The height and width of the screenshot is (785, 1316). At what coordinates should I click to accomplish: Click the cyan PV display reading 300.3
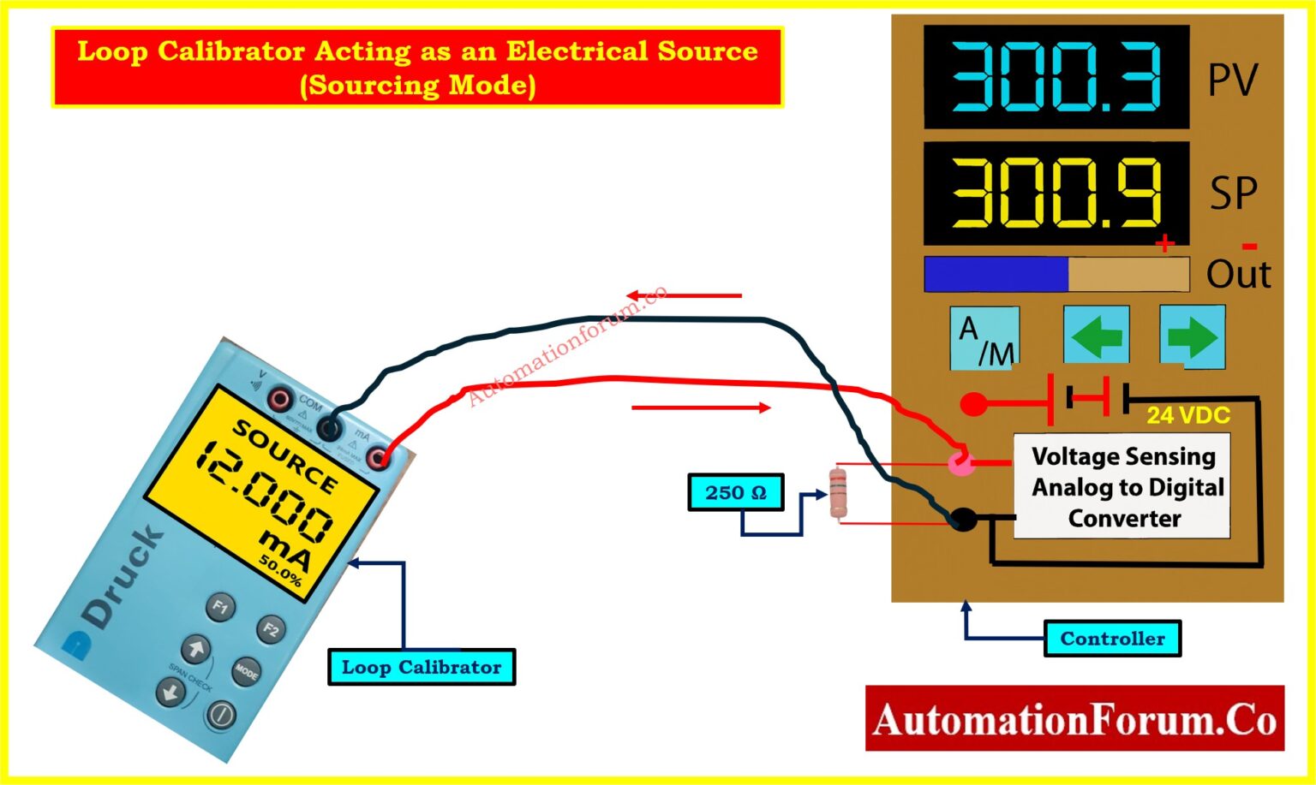click(1056, 77)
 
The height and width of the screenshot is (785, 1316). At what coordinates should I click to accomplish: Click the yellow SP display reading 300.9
click(1056, 193)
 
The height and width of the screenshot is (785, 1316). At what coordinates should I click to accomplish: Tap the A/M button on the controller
click(984, 338)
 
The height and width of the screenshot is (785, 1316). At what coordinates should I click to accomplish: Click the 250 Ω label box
click(736, 493)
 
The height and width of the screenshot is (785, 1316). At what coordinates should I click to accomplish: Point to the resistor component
click(839, 493)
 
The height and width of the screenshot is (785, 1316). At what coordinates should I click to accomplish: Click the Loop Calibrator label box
click(422, 668)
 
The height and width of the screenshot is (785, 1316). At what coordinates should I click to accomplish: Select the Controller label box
click(1112, 639)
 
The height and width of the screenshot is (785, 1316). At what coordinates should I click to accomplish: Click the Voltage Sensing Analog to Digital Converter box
click(1122, 486)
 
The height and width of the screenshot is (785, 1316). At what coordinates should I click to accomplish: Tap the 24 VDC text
click(1188, 415)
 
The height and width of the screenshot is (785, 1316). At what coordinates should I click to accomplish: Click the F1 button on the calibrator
click(220, 607)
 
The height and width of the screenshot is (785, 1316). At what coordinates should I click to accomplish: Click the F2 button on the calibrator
click(271, 629)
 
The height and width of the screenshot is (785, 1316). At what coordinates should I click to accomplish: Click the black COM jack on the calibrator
click(330, 426)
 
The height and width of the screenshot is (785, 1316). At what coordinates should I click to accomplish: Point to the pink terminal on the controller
click(961, 464)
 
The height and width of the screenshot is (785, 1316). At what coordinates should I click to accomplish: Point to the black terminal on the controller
click(963, 519)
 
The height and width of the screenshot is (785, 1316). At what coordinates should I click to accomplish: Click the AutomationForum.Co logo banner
click(1074, 719)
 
